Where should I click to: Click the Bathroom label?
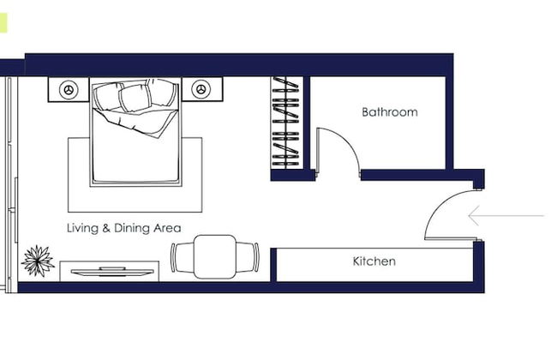click(x=389, y=112)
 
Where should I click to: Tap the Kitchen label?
click(x=374, y=261)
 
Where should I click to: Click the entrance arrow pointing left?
click(x=506, y=215)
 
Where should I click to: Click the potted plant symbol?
click(x=39, y=261)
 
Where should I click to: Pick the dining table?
click(x=215, y=256)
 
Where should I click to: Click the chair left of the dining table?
click(x=181, y=256)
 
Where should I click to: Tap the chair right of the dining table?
click(x=250, y=256)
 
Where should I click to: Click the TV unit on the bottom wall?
click(x=110, y=272)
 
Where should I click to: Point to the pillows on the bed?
click(x=125, y=98)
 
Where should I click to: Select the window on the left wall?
click(x=9, y=180)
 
